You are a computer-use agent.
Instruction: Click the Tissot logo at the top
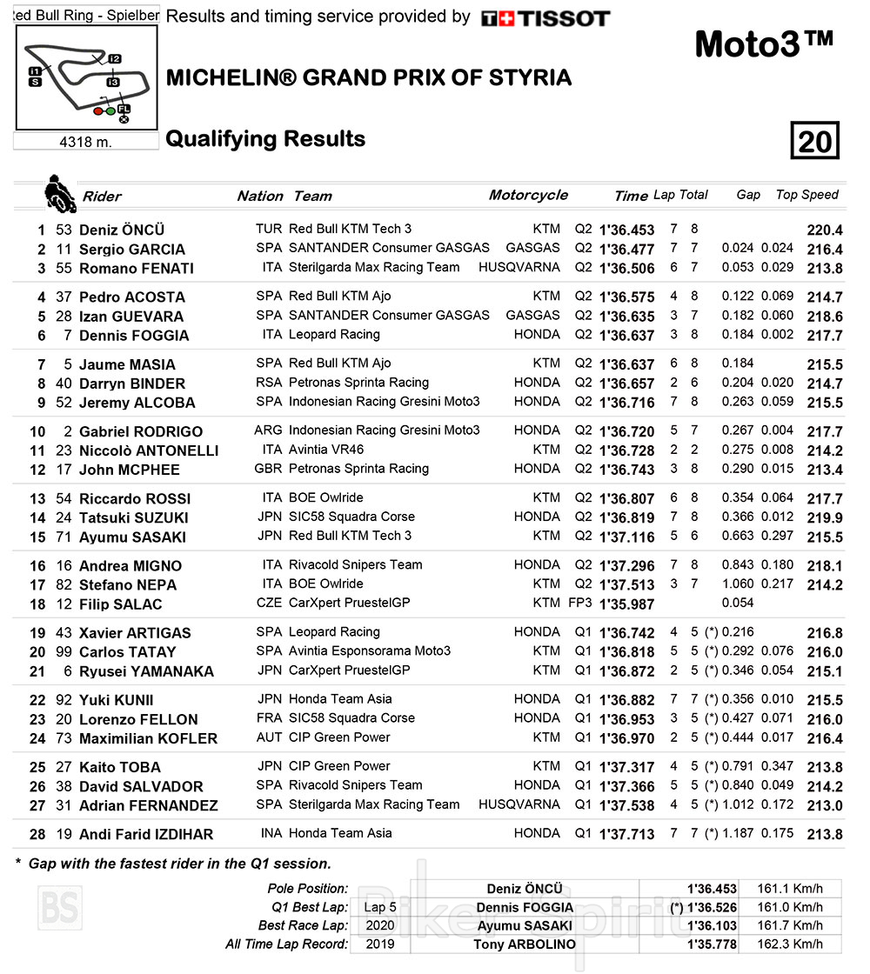click(545, 18)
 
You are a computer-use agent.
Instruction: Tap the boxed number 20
click(814, 140)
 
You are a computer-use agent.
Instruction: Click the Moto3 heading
click(765, 44)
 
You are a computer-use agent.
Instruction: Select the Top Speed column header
click(806, 195)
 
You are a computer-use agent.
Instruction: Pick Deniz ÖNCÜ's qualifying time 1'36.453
click(626, 230)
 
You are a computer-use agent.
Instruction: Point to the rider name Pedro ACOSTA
click(132, 297)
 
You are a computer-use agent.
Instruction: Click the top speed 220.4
click(825, 230)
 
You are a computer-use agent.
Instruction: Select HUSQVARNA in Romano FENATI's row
click(519, 268)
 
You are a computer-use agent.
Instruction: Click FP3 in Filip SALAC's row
click(582, 604)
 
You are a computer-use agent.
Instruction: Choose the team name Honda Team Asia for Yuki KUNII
click(340, 699)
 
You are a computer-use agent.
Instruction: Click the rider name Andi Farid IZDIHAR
click(146, 835)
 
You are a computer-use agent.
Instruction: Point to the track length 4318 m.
click(85, 142)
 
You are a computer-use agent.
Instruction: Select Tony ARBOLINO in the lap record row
click(525, 944)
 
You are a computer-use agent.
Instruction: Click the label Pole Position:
click(309, 889)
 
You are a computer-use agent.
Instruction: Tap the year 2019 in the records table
click(378, 944)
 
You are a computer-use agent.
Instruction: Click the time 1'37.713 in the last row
click(626, 835)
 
